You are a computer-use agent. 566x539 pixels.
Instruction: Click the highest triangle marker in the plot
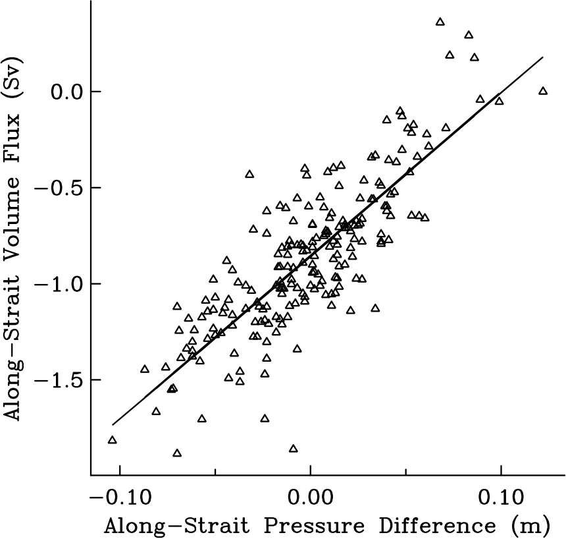coord(440,22)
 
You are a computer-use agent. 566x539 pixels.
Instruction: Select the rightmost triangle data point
coord(543,91)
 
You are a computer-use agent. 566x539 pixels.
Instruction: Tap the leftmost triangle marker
coord(112,440)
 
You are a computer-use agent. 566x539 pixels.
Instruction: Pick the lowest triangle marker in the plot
coord(176,453)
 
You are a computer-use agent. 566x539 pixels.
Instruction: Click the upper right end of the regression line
coord(543,57)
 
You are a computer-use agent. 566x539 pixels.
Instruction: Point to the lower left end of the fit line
coord(112,425)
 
